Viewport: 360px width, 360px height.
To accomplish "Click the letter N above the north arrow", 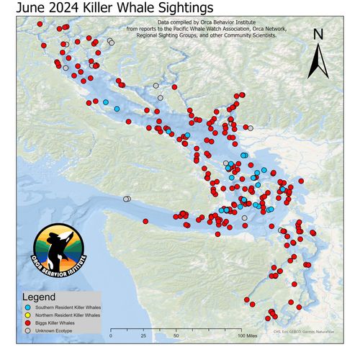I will point(318,35).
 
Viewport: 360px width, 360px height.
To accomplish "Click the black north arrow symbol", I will point(318,60).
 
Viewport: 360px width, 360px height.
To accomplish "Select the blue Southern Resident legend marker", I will point(25,307).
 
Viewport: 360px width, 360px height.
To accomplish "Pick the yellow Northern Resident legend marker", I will point(25,315).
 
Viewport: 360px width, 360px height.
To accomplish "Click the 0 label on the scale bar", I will point(112,336).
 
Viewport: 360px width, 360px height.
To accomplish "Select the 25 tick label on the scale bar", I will point(143,336).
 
